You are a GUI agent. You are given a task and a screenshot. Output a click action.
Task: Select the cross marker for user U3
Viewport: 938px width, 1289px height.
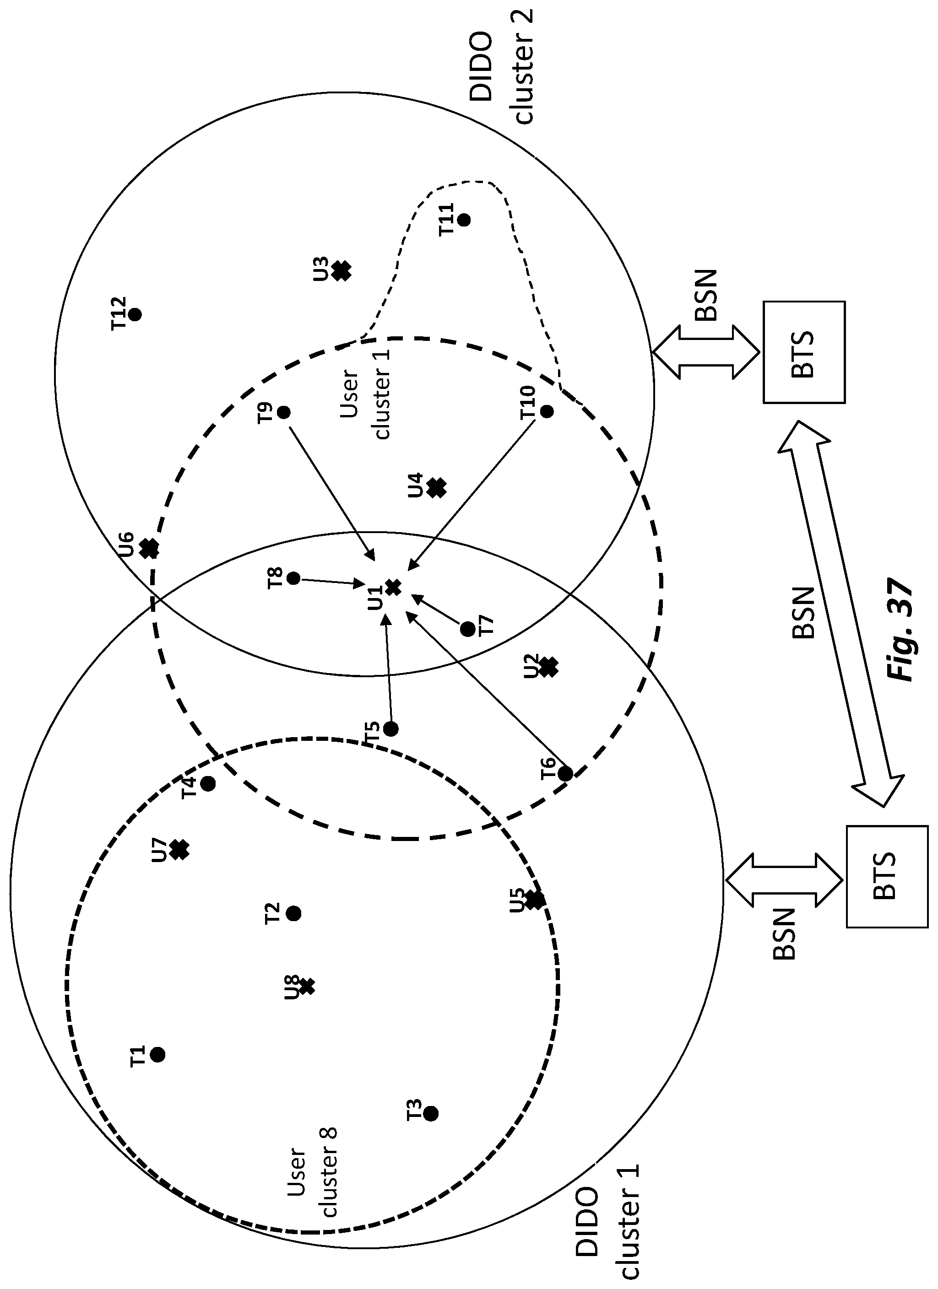click(341, 271)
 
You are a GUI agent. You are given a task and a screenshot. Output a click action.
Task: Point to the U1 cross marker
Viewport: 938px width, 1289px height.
click(393, 588)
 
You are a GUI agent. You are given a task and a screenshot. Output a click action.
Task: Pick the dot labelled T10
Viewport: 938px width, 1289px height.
click(547, 411)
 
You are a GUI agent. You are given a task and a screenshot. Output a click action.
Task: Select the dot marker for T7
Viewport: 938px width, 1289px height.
click(467, 629)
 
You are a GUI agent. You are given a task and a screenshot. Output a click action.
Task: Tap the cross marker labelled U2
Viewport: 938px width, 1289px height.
click(548, 668)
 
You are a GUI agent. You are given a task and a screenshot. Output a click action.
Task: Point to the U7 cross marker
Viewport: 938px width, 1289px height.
click(179, 850)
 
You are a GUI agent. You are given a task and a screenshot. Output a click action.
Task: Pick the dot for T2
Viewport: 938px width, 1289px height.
click(293, 914)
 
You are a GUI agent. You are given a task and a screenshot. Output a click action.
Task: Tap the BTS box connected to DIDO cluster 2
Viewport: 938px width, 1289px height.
click(804, 352)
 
